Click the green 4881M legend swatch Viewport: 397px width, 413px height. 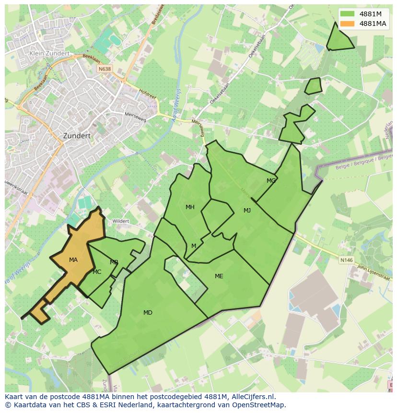(347, 14)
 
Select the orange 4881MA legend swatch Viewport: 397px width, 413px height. (347, 24)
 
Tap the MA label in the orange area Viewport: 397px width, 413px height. (73, 260)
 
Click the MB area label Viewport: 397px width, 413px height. (114, 262)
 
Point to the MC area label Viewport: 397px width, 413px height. (97, 272)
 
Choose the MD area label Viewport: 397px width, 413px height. (148, 313)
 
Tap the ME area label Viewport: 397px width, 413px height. (219, 276)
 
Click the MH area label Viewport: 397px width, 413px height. (190, 207)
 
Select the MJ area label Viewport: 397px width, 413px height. (247, 211)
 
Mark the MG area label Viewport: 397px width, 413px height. (271, 181)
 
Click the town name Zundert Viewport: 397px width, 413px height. (77, 136)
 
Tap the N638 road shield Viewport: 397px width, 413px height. (104, 70)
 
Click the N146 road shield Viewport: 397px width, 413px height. (346, 260)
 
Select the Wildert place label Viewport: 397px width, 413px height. (120, 221)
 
